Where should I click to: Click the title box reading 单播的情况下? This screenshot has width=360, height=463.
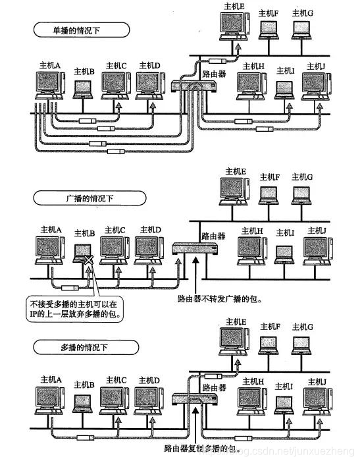tap(70, 30)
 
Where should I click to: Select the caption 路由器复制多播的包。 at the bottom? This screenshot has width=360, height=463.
tap(201, 449)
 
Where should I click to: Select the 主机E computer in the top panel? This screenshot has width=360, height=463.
tap(236, 26)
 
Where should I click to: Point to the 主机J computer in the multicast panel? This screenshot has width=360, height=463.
tap(316, 400)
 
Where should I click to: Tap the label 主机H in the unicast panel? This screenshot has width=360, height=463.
tap(252, 66)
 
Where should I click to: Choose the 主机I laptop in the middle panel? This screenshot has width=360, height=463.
tap(284, 252)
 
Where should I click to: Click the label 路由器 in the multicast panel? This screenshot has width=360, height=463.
tap(215, 387)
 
